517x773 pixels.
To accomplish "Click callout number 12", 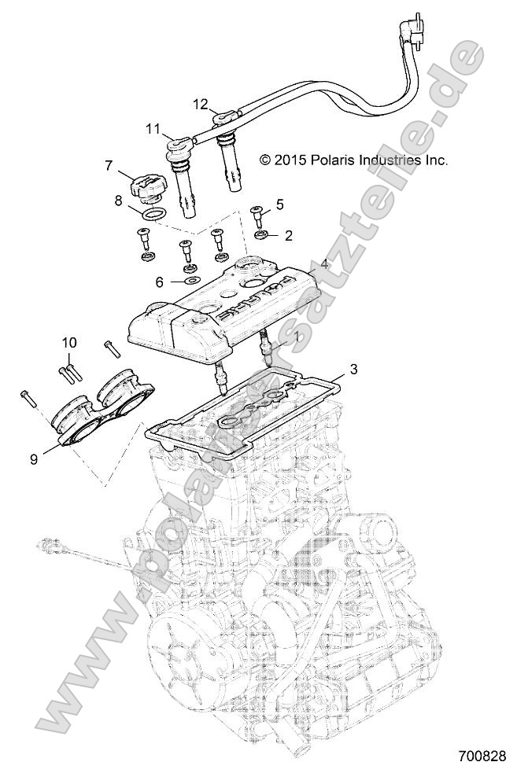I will coord(200,104).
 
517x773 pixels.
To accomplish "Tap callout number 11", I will coord(152,127).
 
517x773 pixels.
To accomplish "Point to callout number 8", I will coord(119,201).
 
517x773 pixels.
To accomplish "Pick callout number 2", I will coord(288,234).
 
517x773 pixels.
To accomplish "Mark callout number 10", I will coord(69,342).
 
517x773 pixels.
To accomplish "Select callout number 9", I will coord(33,459).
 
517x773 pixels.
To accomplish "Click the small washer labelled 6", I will coord(190,280).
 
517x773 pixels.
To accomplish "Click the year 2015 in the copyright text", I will coord(288,160).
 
